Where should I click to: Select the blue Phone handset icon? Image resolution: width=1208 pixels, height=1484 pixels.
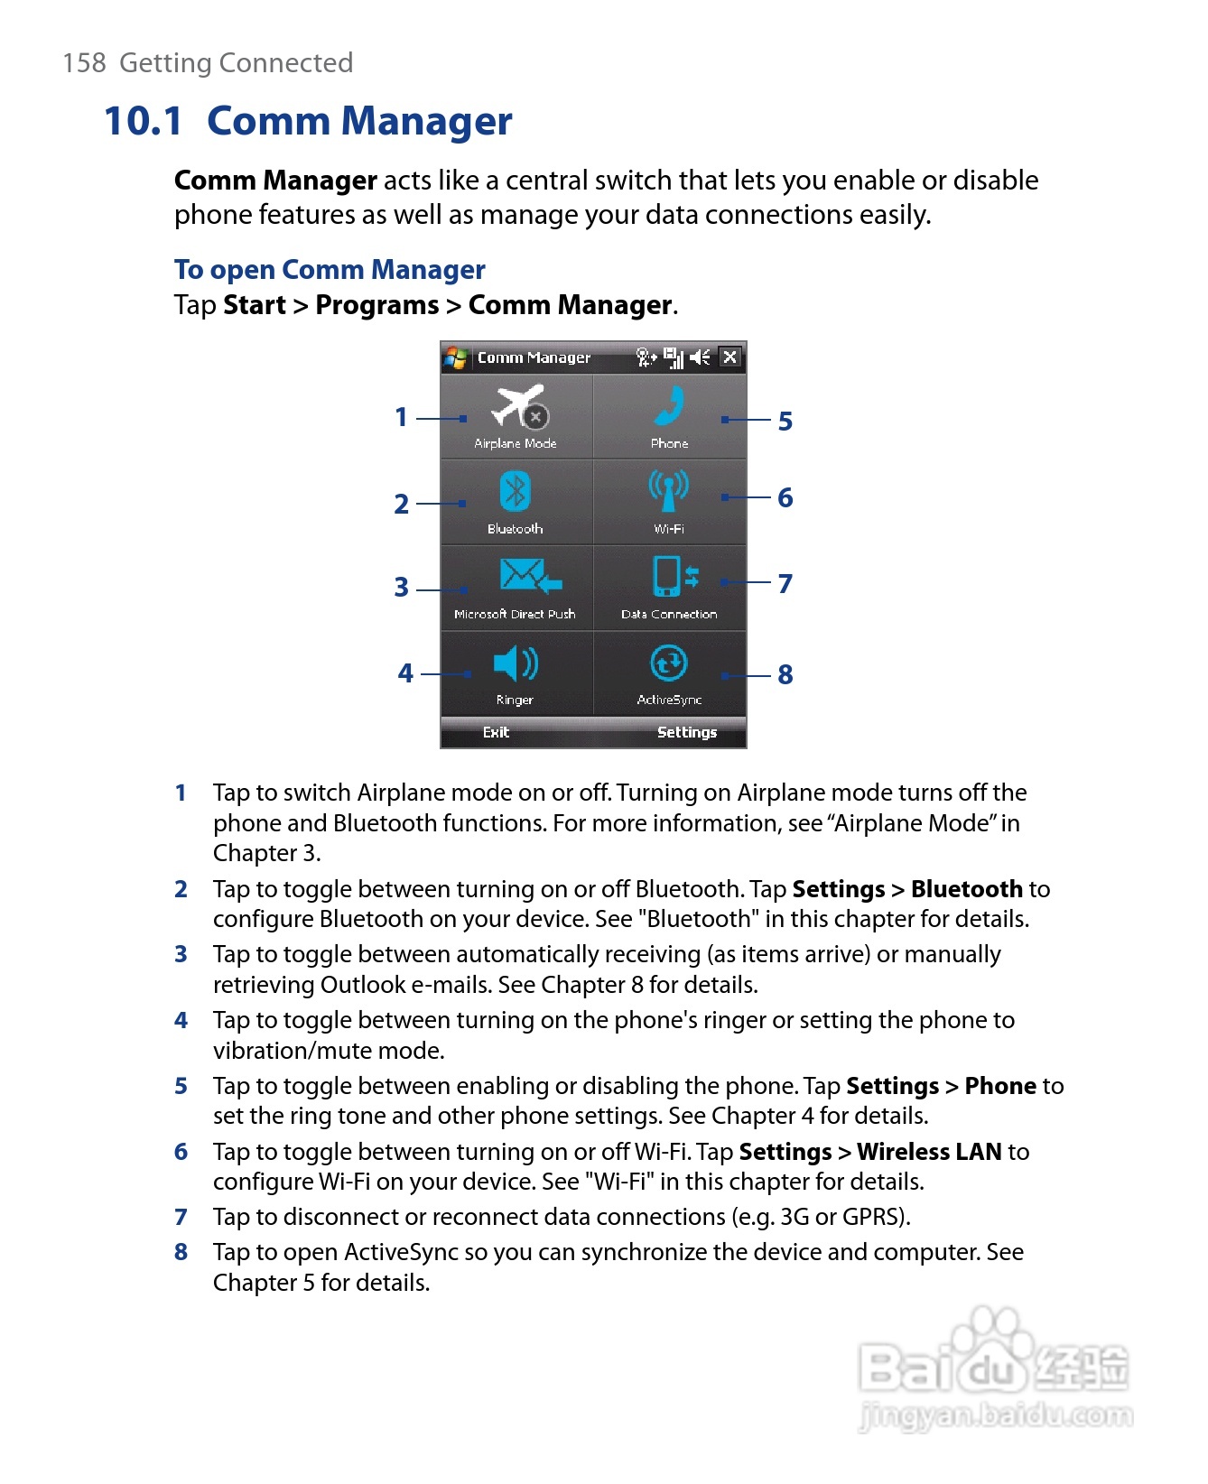click(669, 406)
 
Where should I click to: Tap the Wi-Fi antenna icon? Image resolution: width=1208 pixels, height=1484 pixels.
click(668, 490)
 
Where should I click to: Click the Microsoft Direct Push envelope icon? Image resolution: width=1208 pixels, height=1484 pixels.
click(530, 575)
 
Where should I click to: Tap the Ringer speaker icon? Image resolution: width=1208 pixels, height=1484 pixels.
click(516, 663)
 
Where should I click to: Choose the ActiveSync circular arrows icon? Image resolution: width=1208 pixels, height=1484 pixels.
click(669, 663)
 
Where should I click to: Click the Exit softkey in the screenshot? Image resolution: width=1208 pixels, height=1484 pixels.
click(496, 732)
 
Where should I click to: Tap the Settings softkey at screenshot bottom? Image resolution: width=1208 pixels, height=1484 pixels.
click(686, 732)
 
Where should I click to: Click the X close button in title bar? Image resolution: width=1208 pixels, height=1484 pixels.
click(730, 357)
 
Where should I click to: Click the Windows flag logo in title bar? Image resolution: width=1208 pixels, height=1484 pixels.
click(456, 358)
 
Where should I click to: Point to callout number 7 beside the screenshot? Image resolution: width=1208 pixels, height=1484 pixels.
click(785, 583)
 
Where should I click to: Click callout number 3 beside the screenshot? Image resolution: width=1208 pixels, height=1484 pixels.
click(402, 588)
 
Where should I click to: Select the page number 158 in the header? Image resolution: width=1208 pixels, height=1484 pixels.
click(84, 63)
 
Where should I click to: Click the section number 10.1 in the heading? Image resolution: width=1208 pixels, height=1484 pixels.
click(144, 122)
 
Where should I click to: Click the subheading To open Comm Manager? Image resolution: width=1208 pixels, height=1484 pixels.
click(330, 270)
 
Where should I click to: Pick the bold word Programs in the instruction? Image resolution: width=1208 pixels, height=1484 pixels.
click(376, 305)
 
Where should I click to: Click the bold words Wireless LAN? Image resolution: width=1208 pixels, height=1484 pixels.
click(929, 1152)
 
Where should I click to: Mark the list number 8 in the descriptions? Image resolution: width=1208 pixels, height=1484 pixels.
click(181, 1252)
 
